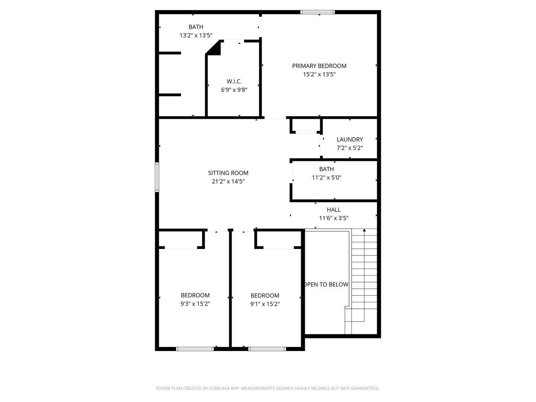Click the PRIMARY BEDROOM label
tap(319, 66)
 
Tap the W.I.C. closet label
tap(234, 81)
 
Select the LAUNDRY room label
tap(350, 139)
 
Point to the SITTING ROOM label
tap(228, 173)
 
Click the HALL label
tap(334, 210)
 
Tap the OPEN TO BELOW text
tap(326, 284)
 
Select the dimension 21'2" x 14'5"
tap(228, 182)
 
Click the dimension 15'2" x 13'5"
tap(319, 74)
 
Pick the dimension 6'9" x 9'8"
tap(234, 90)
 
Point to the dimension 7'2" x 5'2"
tap(350, 148)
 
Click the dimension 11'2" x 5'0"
tap(326, 178)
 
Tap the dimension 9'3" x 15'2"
tap(195, 304)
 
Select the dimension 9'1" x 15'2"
tap(265, 304)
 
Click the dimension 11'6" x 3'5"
tap(334, 218)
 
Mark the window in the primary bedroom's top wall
tap(318, 12)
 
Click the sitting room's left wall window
tap(157, 177)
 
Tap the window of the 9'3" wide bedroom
tap(195, 349)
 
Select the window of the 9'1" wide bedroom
tap(267, 349)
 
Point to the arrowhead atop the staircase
tap(364, 230)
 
